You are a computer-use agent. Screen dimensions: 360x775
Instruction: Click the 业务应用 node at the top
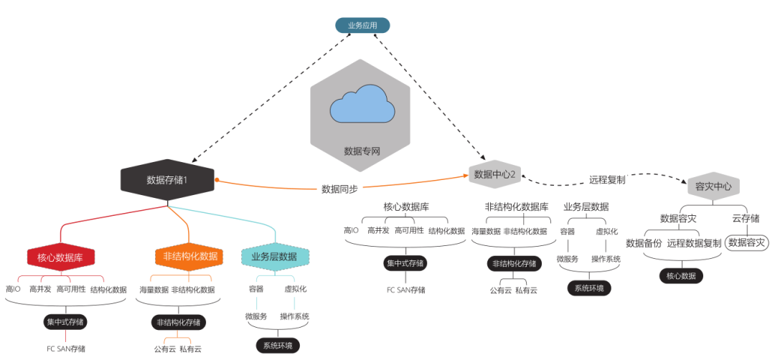tap(362, 25)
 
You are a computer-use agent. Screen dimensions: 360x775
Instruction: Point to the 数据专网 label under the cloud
tap(361, 151)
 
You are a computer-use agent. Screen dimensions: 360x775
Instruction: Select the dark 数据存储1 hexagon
tap(167, 180)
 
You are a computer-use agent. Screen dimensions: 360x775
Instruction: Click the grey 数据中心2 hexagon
tap(495, 174)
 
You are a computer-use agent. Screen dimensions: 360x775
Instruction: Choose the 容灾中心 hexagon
tap(713, 186)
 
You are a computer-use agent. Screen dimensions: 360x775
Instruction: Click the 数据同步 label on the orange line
tap(339, 189)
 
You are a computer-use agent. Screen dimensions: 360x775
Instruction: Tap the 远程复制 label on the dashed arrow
tap(607, 180)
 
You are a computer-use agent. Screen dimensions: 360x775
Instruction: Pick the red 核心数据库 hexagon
tap(61, 257)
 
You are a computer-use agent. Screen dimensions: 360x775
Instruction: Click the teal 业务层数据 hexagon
tap(275, 257)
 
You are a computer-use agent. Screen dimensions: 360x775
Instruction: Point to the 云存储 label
tap(746, 218)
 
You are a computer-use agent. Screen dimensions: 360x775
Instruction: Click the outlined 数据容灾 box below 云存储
tap(747, 243)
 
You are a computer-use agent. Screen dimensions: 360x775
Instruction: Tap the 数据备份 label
tap(644, 243)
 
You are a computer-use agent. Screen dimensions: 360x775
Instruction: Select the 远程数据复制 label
tap(694, 243)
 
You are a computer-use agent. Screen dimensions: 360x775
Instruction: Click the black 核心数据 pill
tap(681, 275)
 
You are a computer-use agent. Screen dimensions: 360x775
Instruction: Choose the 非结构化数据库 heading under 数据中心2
tap(517, 207)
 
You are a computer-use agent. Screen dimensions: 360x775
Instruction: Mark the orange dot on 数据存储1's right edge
tap(216, 179)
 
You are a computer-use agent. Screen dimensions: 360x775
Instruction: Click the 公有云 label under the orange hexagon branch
tap(164, 349)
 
